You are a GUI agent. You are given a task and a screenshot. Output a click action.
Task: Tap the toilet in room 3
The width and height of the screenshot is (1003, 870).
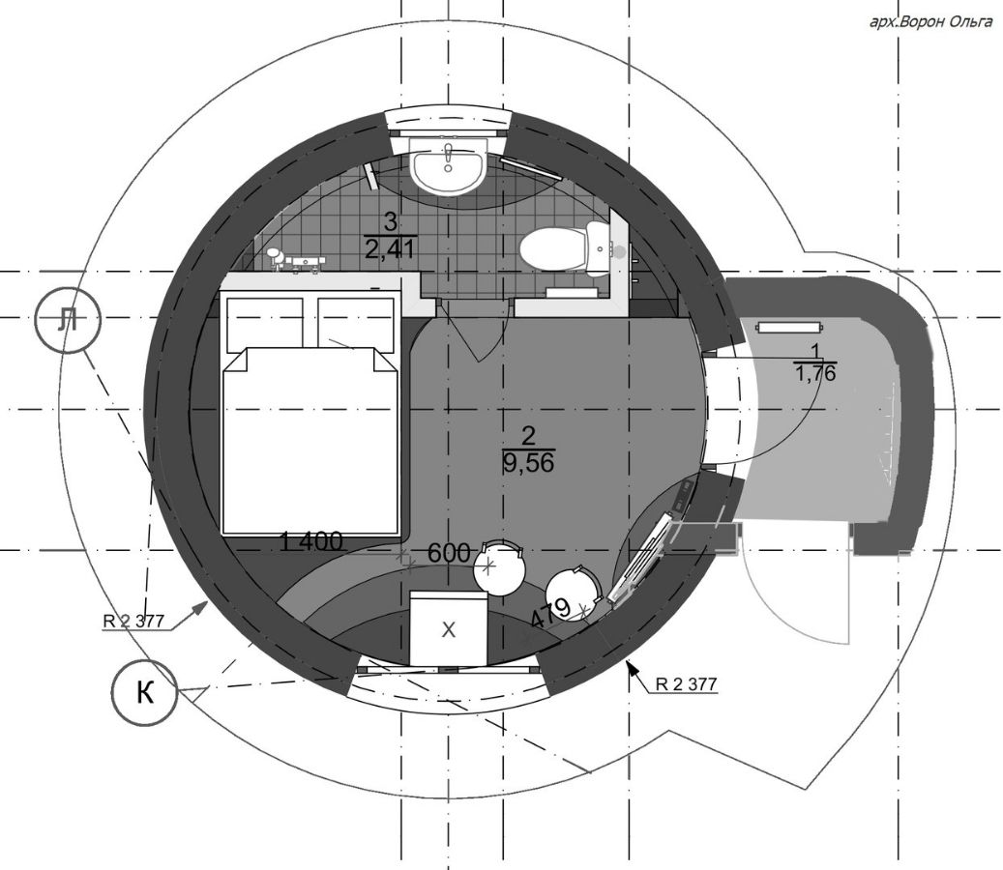564,248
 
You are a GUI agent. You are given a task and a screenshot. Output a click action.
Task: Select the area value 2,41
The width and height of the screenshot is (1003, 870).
391,246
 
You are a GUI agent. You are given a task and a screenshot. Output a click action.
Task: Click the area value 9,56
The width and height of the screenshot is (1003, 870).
529,461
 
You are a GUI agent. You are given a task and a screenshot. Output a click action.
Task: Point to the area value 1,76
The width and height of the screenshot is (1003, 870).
815,373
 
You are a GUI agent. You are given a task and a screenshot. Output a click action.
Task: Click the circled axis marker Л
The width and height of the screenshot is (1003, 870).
68,320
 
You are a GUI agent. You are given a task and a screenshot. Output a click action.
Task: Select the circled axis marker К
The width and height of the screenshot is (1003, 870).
144,692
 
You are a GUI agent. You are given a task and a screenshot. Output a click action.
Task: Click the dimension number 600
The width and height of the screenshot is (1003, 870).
449,553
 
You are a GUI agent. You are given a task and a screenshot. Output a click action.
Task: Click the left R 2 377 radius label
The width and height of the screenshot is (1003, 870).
133,620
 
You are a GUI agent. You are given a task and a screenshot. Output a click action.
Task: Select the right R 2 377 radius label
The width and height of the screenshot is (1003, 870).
686,684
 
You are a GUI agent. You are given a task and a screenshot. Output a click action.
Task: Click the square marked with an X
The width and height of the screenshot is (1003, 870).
449,629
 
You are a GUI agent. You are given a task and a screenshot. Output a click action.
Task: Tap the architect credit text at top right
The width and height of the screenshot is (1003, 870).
930,22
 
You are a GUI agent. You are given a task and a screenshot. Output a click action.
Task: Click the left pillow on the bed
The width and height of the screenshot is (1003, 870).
265,322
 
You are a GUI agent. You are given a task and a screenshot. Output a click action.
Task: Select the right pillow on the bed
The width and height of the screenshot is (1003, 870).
356,324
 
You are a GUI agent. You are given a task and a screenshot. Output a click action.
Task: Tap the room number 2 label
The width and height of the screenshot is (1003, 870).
528,437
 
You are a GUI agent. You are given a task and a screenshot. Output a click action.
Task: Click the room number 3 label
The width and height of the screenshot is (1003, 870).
390,223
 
